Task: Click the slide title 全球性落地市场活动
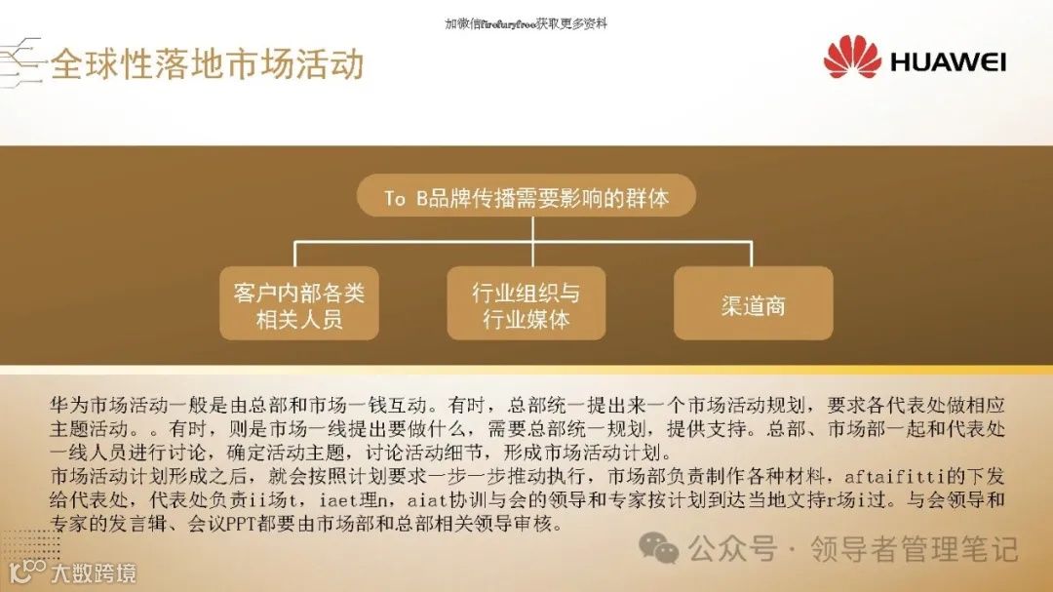pyautogui.click(x=207, y=64)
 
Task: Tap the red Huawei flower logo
pyautogui.click(x=851, y=58)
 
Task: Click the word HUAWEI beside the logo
pyautogui.click(x=948, y=63)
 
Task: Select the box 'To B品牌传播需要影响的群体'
pyautogui.click(x=526, y=198)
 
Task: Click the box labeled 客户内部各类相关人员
pyautogui.click(x=298, y=304)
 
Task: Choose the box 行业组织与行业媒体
pyautogui.click(x=526, y=304)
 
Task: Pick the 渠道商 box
pyautogui.click(x=753, y=304)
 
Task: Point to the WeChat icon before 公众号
pyautogui.click(x=666, y=550)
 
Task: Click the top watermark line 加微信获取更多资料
pyautogui.click(x=526, y=23)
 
